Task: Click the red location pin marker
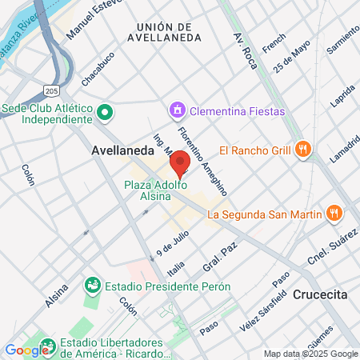coord(180,162)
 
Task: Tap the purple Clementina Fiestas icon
coord(176,109)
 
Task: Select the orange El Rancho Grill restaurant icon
coord(302,149)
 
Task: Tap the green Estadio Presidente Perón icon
coord(94,286)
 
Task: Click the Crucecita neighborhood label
coord(320,294)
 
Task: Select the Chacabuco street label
coord(98,70)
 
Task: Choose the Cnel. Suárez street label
coord(332,248)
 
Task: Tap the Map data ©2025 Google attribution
coord(311,354)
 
